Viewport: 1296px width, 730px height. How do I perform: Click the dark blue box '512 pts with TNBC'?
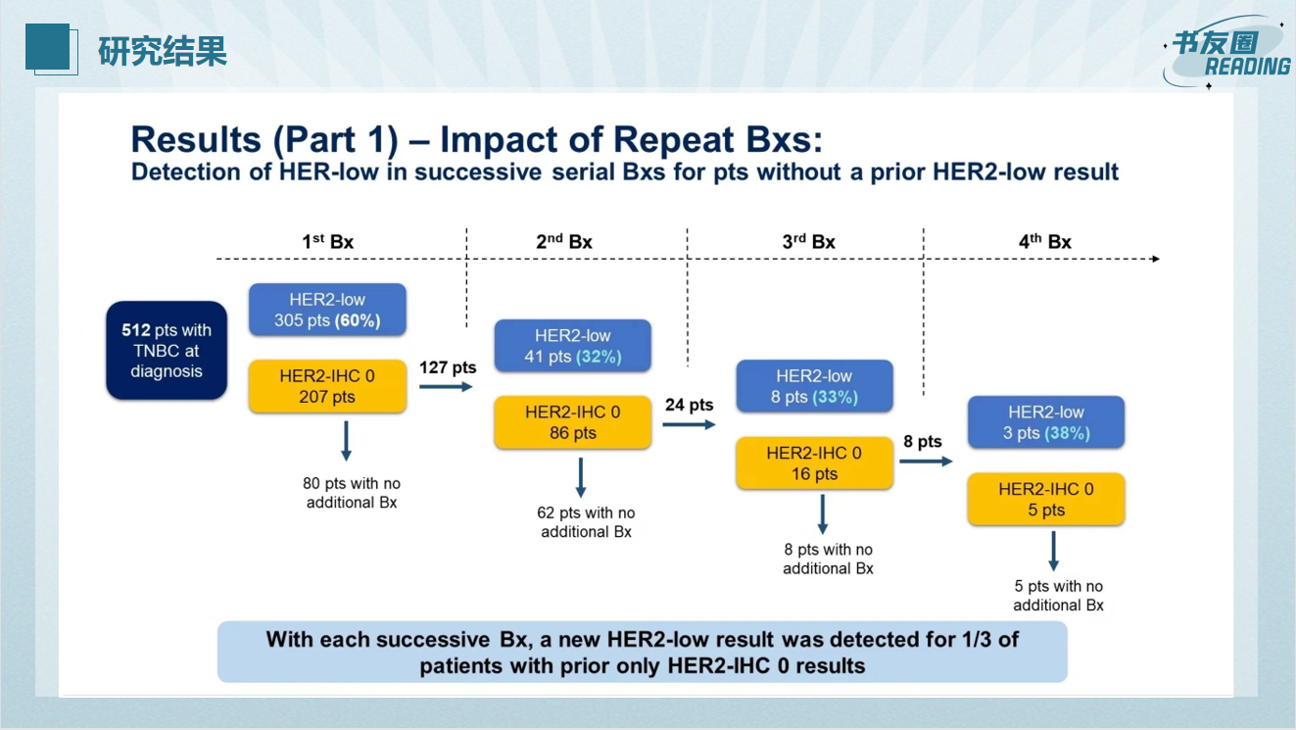click(x=167, y=350)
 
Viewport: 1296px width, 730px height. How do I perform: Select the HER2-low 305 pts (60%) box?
click(x=327, y=310)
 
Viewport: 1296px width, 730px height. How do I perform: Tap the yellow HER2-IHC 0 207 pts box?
click(x=327, y=386)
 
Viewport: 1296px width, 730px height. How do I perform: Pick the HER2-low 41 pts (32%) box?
click(x=573, y=346)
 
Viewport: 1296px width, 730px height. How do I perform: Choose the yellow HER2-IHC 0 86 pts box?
click(x=573, y=422)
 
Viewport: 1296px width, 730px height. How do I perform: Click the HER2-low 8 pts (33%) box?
click(x=815, y=386)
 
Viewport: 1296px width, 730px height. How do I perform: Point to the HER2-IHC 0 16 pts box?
click(x=815, y=463)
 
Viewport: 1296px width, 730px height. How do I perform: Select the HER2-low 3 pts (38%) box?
click(x=1046, y=422)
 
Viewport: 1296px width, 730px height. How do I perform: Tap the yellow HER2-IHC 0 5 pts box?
click(x=1046, y=499)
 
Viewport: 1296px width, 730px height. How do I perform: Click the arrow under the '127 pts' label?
click(x=446, y=387)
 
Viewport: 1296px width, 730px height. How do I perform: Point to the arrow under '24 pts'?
click(x=689, y=425)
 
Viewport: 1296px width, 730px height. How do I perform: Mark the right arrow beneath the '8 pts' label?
click(x=926, y=462)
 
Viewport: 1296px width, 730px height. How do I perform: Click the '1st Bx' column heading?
click(x=327, y=241)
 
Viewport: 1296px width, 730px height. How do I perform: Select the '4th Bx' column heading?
click(x=1045, y=241)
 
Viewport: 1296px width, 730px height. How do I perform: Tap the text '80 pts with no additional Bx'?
click(x=352, y=493)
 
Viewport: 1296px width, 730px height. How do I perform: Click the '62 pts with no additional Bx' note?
click(x=586, y=522)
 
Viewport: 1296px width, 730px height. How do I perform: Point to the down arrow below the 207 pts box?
click(x=346, y=441)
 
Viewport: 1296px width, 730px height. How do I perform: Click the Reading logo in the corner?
click(x=1226, y=52)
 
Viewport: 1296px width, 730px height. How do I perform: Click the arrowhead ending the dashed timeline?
click(x=1155, y=259)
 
